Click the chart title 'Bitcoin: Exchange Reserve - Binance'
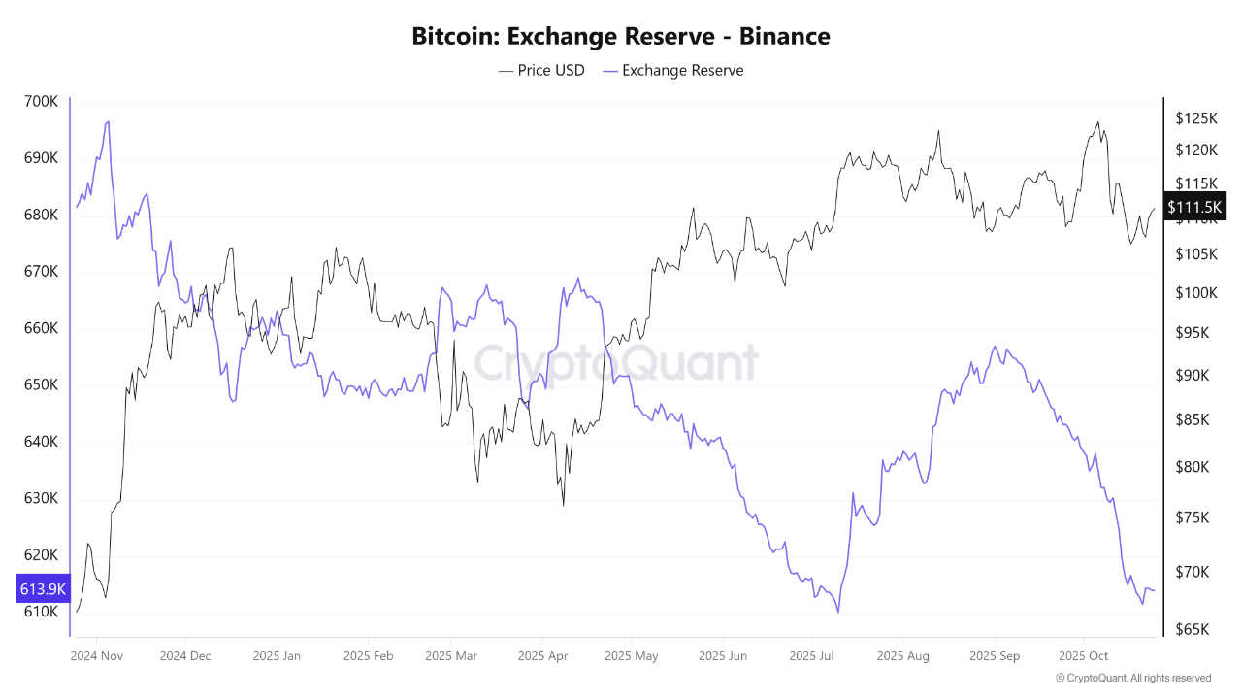point(621,37)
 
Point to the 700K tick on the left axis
point(40,101)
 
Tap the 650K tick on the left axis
point(40,385)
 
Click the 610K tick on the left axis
point(40,612)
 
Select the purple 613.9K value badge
point(43,588)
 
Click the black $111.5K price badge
point(1195,207)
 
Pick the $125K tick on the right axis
point(1195,118)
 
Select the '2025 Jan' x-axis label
point(277,656)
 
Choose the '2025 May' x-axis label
point(631,656)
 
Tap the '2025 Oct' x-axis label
point(1084,656)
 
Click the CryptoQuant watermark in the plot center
point(615,363)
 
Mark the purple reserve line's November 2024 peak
point(108,121)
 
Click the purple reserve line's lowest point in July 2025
point(837,612)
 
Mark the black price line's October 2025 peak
point(1097,122)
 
